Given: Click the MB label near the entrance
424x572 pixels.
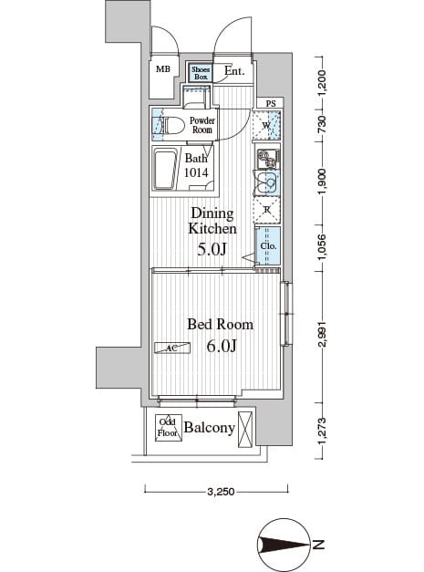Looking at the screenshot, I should (x=163, y=69).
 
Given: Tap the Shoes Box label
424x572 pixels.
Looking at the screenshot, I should (x=201, y=73).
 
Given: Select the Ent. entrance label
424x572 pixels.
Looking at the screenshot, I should (x=233, y=70).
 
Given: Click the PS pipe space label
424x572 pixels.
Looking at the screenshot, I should (x=271, y=103).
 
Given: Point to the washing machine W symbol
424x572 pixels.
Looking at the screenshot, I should (x=266, y=125).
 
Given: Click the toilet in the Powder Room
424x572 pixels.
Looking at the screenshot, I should (x=173, y=124).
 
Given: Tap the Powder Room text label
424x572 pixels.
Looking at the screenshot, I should (x=202, y=125).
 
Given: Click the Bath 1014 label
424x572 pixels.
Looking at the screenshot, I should (x=197, y=164).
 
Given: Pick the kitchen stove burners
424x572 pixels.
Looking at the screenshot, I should (x=267, y=159).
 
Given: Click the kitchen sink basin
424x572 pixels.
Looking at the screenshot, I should (x=268, y=182).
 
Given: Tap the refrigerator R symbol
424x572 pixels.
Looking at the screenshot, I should (x=267, y=210).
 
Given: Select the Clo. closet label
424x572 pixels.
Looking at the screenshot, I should (x=268, y=245).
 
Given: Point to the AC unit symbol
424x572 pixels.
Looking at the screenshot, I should (x=172, y=348).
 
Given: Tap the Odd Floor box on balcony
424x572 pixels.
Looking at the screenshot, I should (x=167, y=427).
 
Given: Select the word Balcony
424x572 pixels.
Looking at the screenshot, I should (x=210, y=427).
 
